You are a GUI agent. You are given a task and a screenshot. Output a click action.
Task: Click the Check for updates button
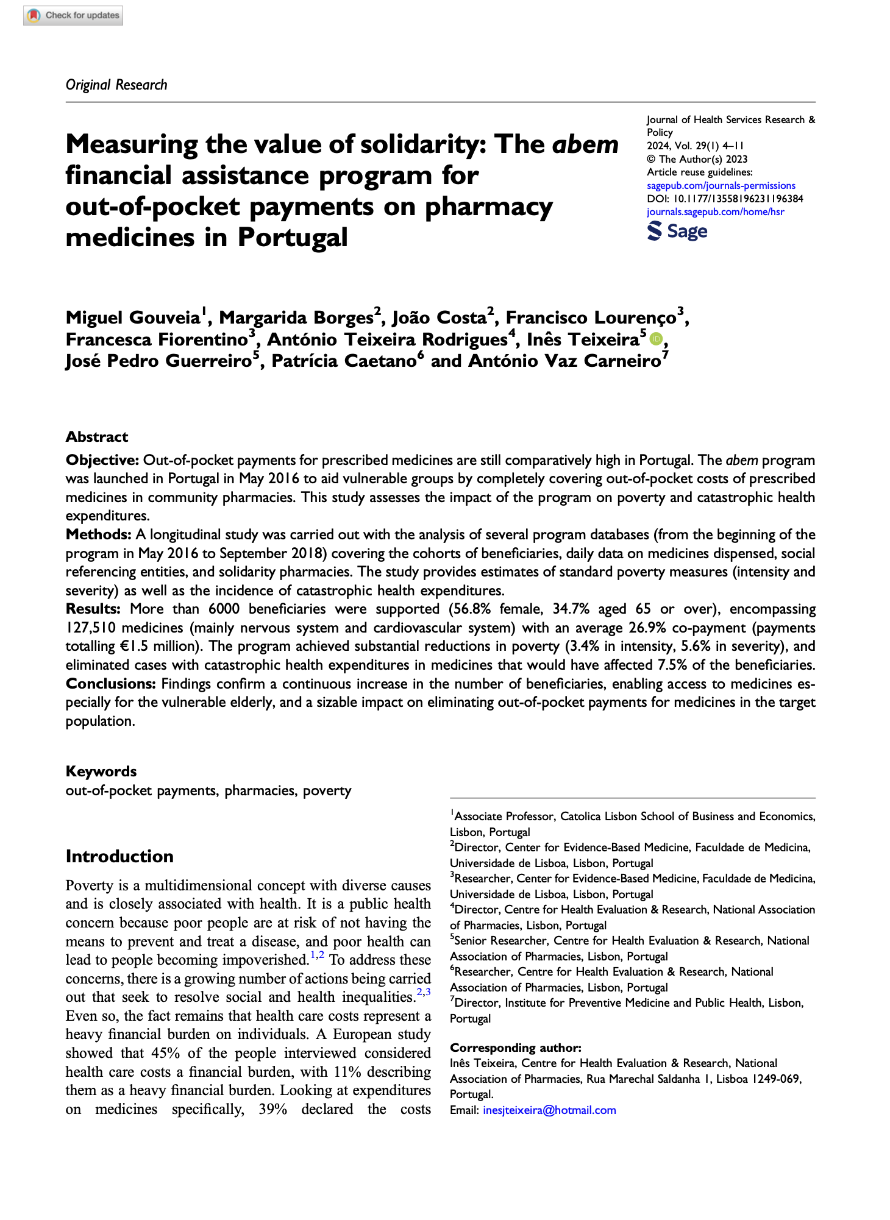[x=73, y=15]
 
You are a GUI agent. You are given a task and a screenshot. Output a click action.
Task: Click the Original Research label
[x=116, y=85]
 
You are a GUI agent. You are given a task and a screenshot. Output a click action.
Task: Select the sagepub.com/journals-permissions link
[x=721, y=185]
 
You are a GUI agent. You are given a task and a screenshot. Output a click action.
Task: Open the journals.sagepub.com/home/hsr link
[x=715, y=211]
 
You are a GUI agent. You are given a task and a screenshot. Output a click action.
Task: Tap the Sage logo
[x=677, y=231]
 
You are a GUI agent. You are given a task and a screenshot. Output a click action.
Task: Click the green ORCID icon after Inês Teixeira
[x=655, y=339]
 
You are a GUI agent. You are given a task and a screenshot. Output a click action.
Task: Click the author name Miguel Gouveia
[x=133, y=317]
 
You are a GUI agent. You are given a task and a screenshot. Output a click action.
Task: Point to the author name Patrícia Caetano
[x=344, y=361]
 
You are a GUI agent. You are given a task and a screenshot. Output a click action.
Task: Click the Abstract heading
[x=97, y=436]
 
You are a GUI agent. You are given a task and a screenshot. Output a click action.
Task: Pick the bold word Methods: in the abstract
[x=99, y=534]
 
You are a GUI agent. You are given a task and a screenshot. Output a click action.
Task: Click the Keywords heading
[x=101, y=771]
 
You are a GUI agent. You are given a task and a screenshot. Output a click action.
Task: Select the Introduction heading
[x=119, y=856]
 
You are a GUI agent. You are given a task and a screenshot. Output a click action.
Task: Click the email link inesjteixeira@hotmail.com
[x=549, y=1110]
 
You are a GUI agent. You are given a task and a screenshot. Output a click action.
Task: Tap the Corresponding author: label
[x=516, y=1048]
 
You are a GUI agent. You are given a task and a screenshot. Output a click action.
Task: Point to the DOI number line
[x=725, y=199]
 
